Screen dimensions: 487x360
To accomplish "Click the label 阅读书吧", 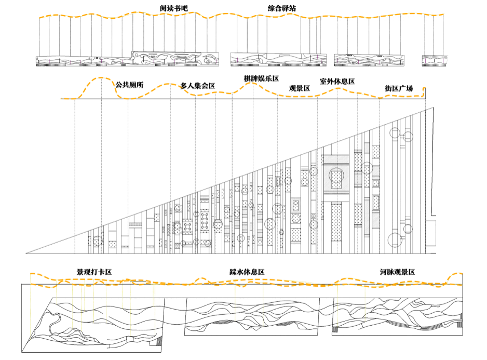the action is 174,8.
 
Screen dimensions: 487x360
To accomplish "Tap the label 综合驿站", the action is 282,8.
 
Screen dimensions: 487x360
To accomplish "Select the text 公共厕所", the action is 129,85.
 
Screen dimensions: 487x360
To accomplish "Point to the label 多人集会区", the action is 198,86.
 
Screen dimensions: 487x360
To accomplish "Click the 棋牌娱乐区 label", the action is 261,78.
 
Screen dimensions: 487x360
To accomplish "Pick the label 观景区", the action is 300,88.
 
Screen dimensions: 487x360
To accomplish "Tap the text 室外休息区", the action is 337,82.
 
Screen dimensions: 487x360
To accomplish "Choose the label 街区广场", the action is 399,88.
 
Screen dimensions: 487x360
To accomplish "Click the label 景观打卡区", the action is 94,272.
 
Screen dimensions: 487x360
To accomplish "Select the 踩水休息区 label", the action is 247,272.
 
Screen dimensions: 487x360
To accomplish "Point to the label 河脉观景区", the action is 397,272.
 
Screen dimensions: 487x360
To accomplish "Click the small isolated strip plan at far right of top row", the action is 435,61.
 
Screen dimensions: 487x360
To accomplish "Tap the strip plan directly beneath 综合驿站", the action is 278,59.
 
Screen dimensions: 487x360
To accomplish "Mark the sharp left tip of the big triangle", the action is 26,253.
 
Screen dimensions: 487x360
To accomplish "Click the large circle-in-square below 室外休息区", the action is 336,176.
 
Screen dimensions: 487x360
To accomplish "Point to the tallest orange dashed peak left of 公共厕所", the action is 101,78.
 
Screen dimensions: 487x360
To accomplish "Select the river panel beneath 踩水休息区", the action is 252,316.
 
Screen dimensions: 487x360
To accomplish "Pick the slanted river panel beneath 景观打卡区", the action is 93,325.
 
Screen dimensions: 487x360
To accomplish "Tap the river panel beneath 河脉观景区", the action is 397,316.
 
